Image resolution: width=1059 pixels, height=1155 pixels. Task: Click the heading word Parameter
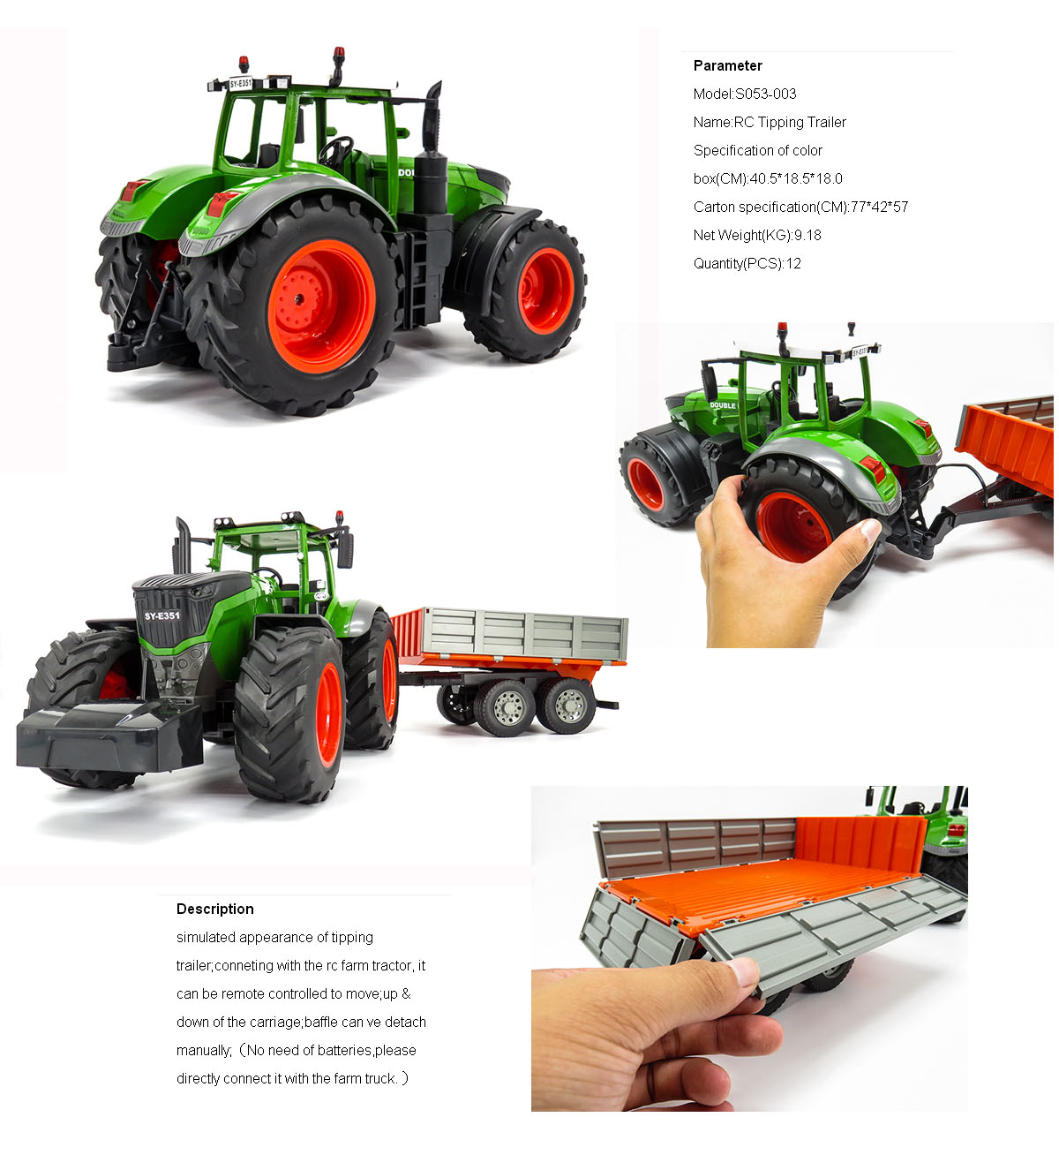[727, 65]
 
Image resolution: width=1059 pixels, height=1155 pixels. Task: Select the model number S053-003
[766, 94]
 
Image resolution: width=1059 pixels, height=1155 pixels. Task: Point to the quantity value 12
[793, 263]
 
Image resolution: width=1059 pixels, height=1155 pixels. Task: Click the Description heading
[214, 909]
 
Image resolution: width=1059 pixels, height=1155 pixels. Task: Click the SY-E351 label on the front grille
[162, 615]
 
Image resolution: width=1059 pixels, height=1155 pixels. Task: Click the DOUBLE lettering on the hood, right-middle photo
[722, 405]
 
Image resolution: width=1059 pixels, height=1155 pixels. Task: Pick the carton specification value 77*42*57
[879, 207]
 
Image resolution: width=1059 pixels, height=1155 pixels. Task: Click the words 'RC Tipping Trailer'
[790, 122]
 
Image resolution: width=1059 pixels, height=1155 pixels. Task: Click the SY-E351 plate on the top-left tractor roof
[241, 84]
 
